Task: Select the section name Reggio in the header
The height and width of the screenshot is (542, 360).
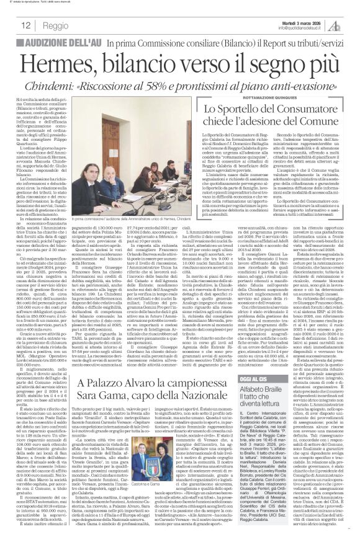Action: tap(56, 26)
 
